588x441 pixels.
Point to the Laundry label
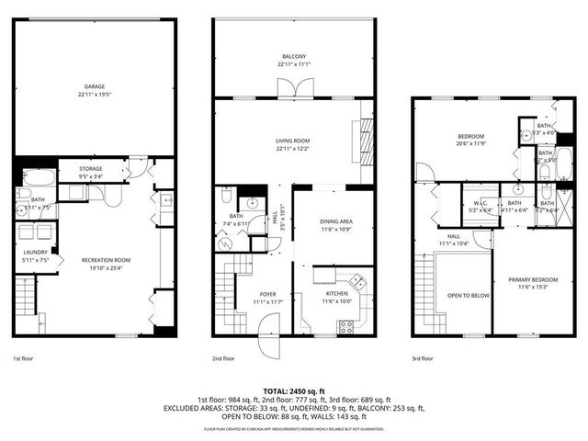tap(36, 255)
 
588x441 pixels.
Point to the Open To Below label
tap(469, 296)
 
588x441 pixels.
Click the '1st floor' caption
tap(24, 358)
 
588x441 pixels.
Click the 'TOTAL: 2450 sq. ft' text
tap(294, 390)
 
